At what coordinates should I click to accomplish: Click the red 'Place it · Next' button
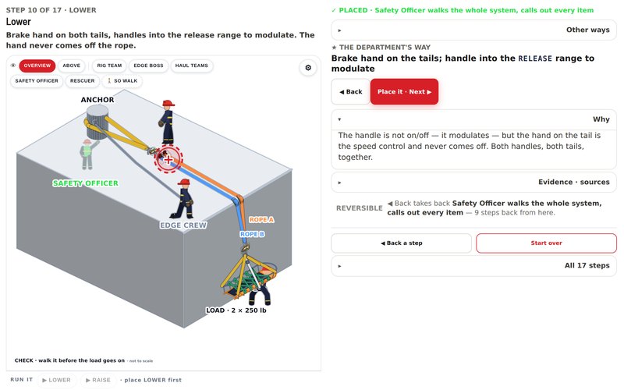coord(404,91)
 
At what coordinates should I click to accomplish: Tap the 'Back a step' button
coord(401,243)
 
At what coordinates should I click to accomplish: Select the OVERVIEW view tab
coord(37,66)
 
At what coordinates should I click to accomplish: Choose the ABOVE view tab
coord(71,66)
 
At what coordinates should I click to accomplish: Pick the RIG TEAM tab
coord(109,66)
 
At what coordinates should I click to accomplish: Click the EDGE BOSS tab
coord(148,66)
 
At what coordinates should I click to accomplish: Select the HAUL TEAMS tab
coord(192,66)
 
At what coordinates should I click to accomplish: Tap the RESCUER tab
coord(83,81)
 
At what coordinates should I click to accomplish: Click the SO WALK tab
coord(122,81)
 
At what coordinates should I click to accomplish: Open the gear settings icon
coord(308,68)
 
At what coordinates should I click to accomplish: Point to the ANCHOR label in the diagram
coord(97,100)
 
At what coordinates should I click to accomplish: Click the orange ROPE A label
coord(261,220)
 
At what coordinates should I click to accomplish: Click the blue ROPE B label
coord(252,234)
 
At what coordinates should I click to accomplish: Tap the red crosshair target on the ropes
coord(168,159)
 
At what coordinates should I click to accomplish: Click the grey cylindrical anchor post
coord(97,122)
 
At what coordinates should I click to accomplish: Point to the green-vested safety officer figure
coord(87,154)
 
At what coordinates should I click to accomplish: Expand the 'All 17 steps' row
coord(474,266)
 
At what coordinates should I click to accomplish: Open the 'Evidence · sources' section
coord(474,183)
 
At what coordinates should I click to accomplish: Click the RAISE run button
coord(98,380)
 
